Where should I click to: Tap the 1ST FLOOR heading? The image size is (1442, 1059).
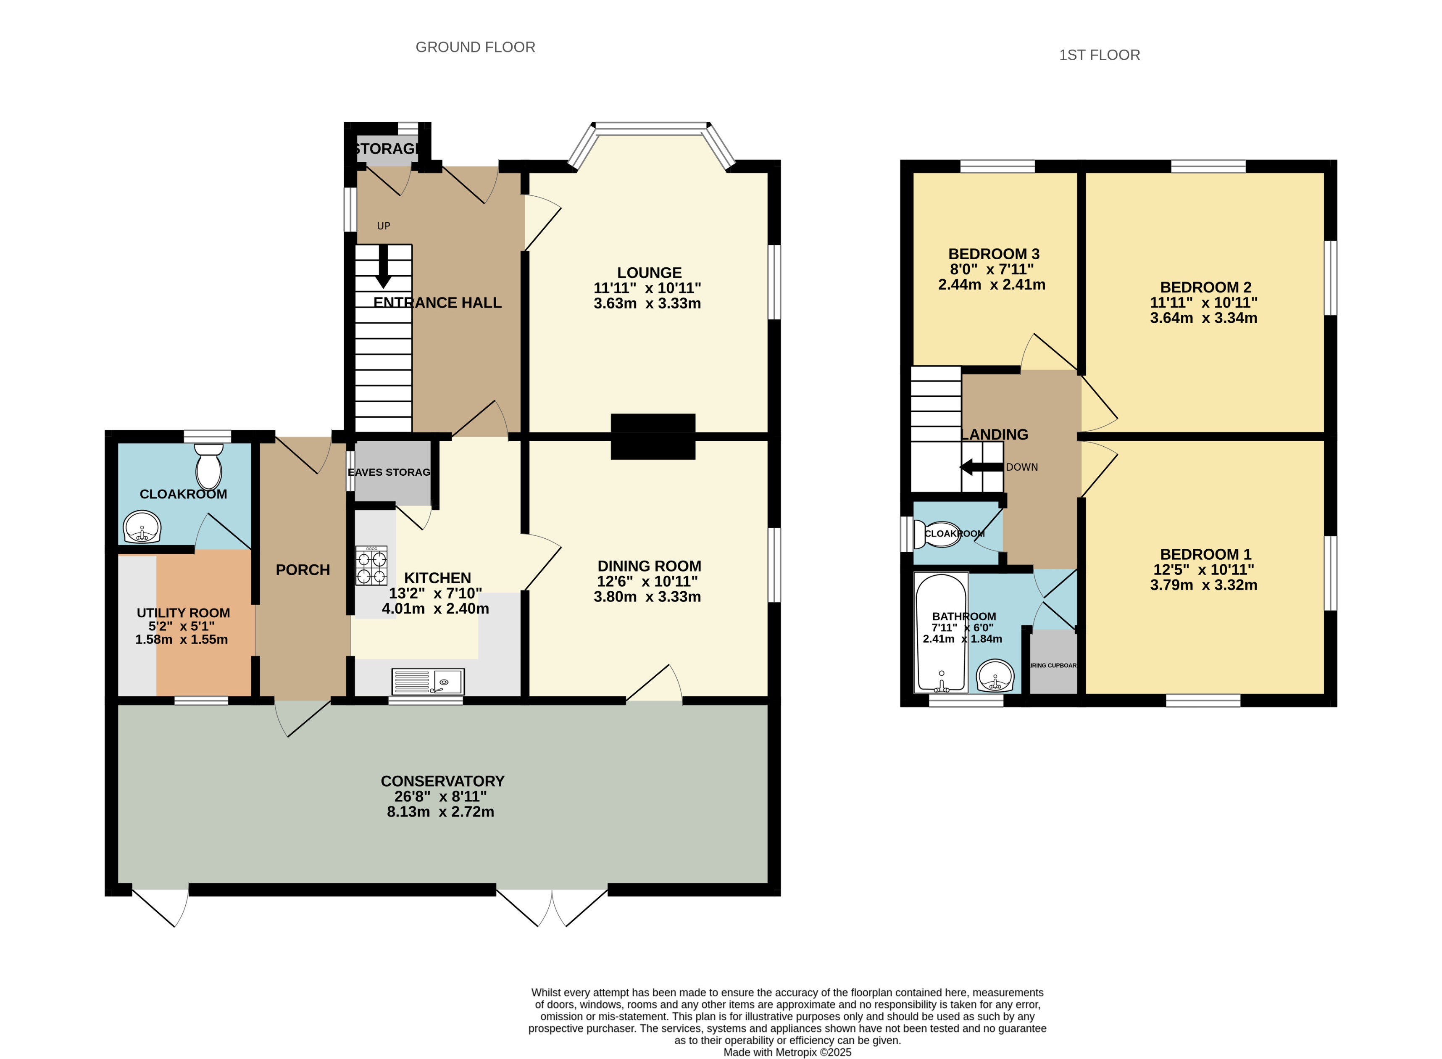point(1099,55)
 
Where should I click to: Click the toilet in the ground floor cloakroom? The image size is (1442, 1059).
point(208,468)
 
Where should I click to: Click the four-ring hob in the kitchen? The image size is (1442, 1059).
point(372,565)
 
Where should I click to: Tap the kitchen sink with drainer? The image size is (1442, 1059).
point(427,682)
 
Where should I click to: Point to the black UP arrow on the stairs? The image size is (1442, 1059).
point(383,266)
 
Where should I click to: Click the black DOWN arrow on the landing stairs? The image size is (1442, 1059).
point(981,467)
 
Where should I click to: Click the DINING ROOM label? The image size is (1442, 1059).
point(649,566)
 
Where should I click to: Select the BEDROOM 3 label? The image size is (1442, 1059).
point(993,254)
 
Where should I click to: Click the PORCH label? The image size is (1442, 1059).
point(303,570)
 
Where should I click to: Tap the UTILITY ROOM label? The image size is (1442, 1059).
point(183,613)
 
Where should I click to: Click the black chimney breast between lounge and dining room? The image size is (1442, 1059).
point(653,437)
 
